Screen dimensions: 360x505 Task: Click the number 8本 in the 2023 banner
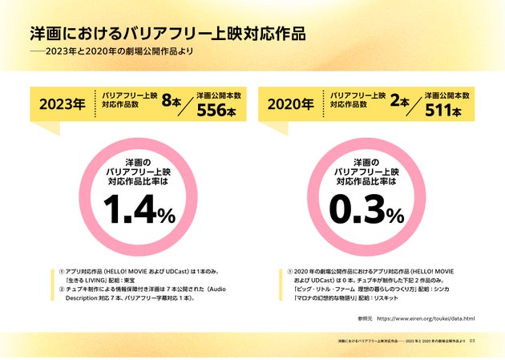point(172,101)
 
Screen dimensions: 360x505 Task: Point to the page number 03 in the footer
point(473,341)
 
